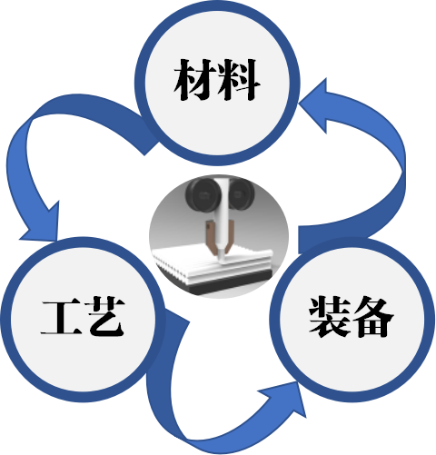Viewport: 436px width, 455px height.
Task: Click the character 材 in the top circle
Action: click(x=195, y=80)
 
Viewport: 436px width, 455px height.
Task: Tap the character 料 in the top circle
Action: click(x=239, y=80)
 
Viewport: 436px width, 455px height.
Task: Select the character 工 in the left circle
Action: click(x=62, y=317)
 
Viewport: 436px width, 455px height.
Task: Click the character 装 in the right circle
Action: click(x=330, y=317)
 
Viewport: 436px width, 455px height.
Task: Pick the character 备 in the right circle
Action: click(x=373, y=317)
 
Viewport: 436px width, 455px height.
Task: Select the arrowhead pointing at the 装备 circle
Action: click(x=284, y=398)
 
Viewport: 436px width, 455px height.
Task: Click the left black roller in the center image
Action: click(x=200, y=193)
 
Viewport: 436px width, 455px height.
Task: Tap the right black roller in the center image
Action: click(x=241, y=193)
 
